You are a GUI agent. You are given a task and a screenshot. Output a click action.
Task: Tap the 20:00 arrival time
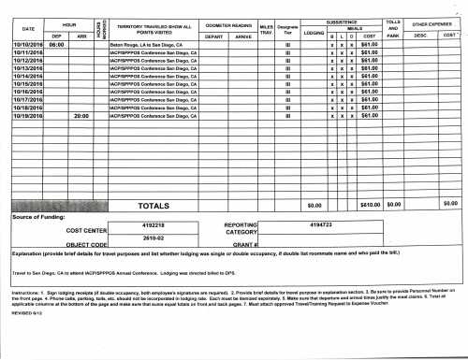[x=79, y=116]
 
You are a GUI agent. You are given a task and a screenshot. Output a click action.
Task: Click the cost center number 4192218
[x=151, y=225]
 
